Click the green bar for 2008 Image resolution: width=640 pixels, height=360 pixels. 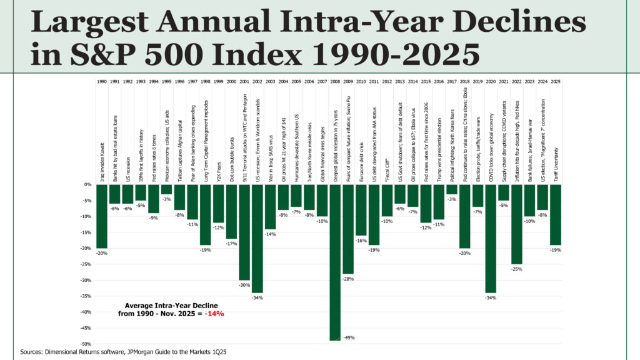pyautogui.click(x=335, y=262)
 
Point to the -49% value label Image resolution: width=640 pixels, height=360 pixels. pyautogui.click(x=349, y=337)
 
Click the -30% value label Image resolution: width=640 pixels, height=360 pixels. pyautogui.click(x=244, y=284)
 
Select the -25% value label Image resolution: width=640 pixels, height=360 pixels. pyautogui.click(x=516, y=269)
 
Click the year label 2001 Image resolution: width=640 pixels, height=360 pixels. pyautogui.click(x=244, y=82)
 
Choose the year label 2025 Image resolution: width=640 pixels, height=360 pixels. pyautogui.click(x=555, y=82)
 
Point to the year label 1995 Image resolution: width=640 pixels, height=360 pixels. pyautogui.click(x=166, y=82)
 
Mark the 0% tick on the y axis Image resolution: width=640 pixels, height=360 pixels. pyautogui.click(x=87, y=185)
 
